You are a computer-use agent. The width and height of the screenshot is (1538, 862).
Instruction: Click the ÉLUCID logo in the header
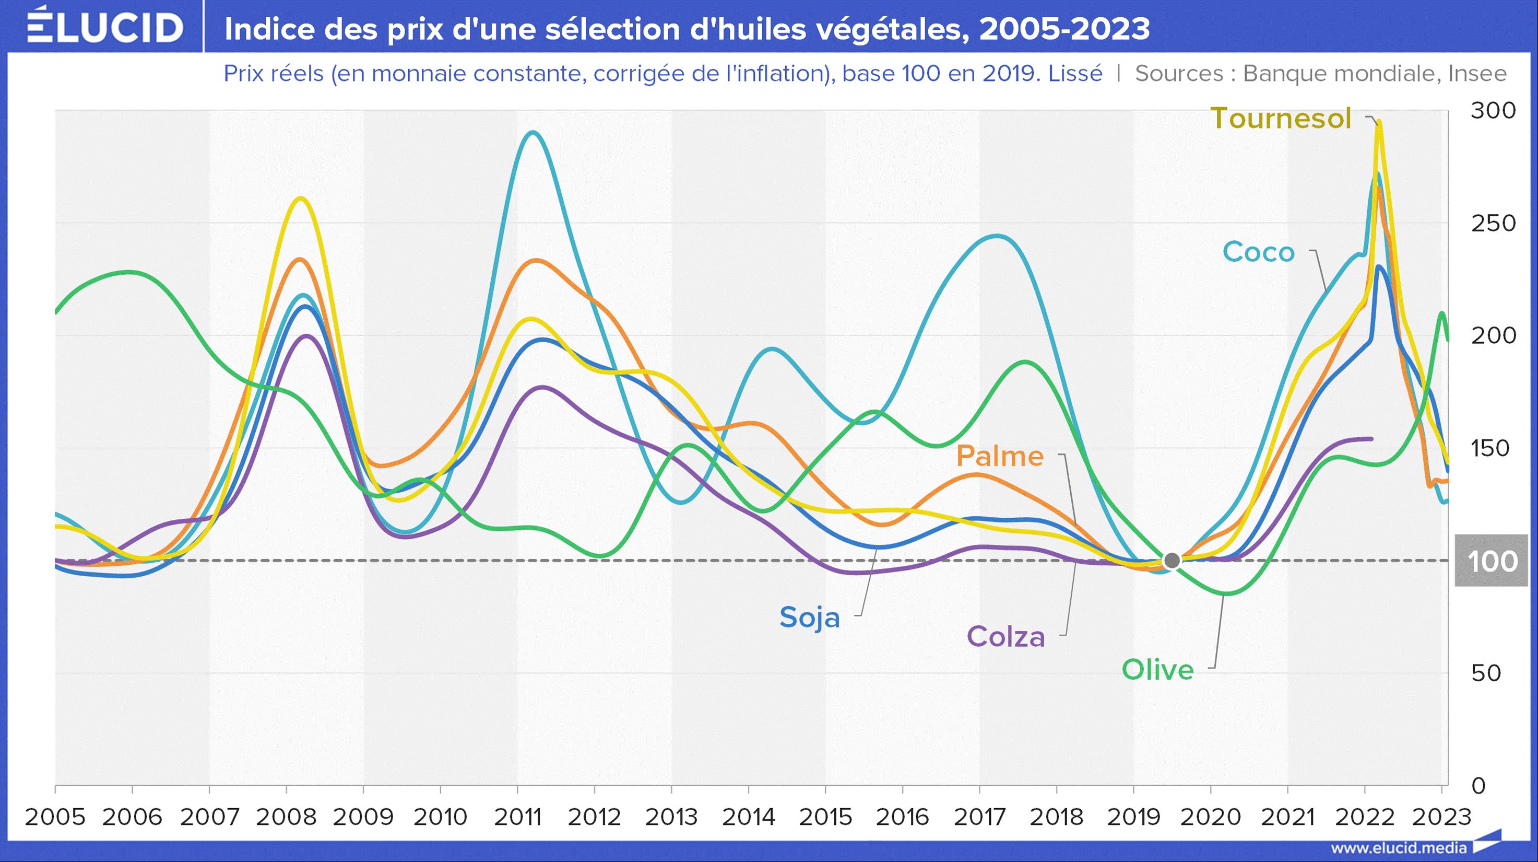105,26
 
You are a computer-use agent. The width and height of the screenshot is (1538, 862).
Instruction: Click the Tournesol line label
1280,118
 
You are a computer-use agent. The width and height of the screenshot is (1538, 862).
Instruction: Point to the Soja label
809,617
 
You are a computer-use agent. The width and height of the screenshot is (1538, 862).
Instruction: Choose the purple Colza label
1005,637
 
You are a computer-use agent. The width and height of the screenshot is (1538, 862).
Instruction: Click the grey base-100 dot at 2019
1172,561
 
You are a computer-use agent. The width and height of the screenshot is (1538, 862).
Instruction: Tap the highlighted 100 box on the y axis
1492,561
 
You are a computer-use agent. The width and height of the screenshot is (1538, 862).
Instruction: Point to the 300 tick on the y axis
1493,111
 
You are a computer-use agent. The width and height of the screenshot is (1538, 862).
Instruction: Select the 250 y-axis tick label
1493,224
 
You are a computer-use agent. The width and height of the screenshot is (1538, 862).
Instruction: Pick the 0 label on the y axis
1478,786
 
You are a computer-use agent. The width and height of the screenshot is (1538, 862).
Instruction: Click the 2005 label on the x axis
55,817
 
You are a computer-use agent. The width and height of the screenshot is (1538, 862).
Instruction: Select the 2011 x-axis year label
517,817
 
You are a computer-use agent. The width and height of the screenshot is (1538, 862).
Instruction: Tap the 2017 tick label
979,817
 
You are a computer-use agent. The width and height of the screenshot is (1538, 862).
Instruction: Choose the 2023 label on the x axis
1441,817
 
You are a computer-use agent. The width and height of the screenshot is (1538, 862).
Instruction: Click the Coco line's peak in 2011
532,133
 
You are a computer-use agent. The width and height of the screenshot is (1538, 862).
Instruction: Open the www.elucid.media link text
1398,848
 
